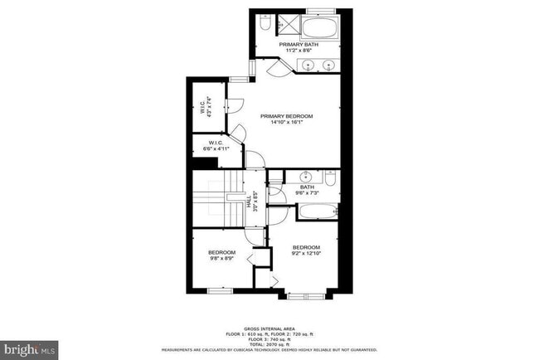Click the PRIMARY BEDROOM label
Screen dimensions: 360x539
[x=283, y=116]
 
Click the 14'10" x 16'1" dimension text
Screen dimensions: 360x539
[x=283, y=124]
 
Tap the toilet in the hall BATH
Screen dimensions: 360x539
[x=330, y=178]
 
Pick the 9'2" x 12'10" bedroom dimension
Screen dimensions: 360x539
[x=306, y=253]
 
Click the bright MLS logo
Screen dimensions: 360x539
[x=30, y=348]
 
